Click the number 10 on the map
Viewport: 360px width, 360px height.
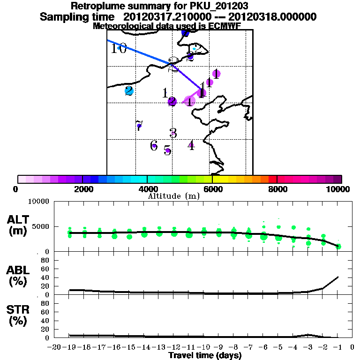pos(119,48)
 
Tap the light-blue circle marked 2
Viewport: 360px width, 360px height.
pos(129,90)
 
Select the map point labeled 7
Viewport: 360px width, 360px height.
pos(139,125)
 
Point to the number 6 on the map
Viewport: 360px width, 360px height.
pos(154,146)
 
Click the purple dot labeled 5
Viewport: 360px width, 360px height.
pos(167,150)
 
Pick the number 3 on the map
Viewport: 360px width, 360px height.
pos(173,133)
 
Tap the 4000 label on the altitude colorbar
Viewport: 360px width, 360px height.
pos(147,189)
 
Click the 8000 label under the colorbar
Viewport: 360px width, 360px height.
pos(277,189)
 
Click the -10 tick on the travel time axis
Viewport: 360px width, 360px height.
pos(204,347)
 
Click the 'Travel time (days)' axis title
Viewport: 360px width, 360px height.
pos(205,356)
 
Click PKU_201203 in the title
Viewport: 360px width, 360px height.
pos(219,6)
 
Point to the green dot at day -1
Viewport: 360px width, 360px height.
pos(338,247)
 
